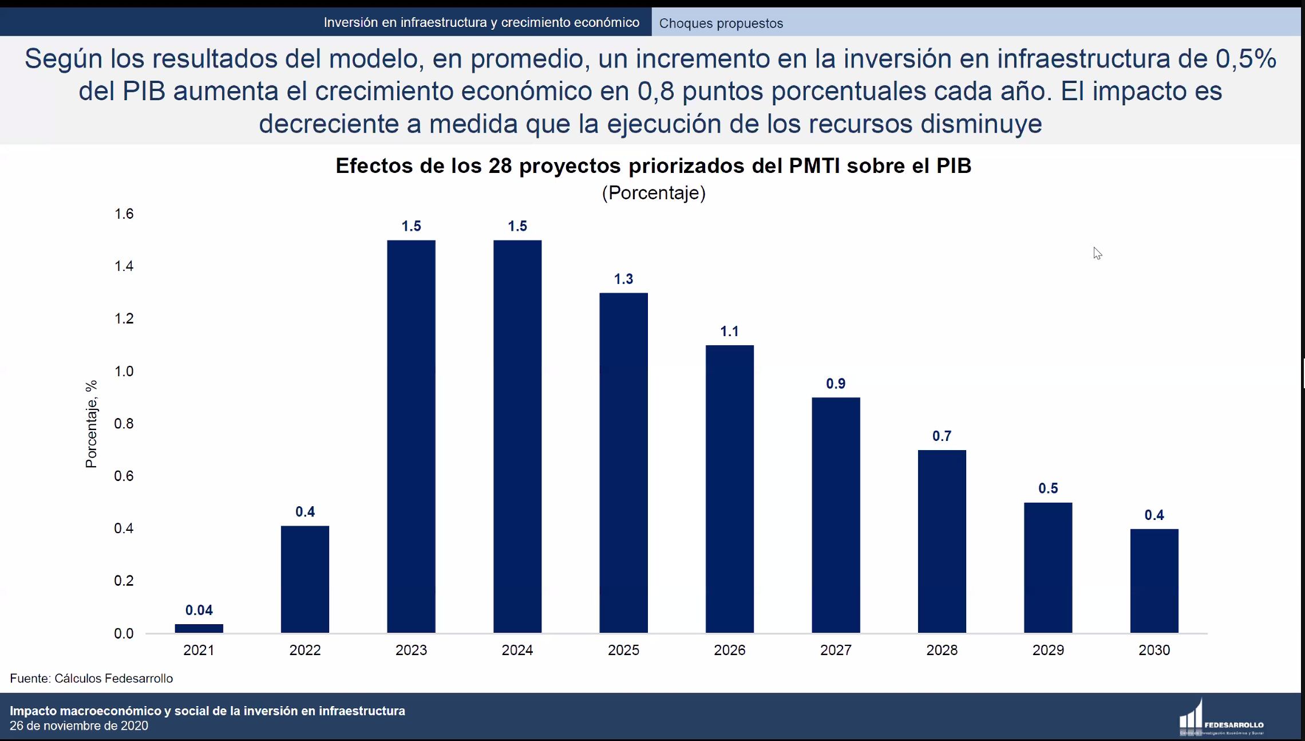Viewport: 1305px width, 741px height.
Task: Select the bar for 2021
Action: pyautogui.click(x=199, y=628)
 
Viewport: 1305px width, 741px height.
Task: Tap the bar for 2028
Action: pyautogui.click(x=942, y=541)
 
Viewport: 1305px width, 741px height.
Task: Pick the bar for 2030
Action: pyautogui.click(x=1154, y=581)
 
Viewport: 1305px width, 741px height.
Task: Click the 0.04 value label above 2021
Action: pyautogui.click(x=199, y=610)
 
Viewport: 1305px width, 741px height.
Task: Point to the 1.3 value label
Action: pyautogui.click(x=623, y=279)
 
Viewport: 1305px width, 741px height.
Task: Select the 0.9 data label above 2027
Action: pyautogui.click(x=836, y=384)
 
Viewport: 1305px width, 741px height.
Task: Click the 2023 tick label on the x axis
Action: pyautogui.click(x=411, y=650)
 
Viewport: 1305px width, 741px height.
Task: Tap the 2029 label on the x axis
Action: pyautogui.click(x=1048, y=650)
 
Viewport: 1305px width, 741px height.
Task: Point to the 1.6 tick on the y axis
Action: pyautogui.click(x=124, y=214)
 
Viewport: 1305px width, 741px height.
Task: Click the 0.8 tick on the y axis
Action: pyautogui.click(x=124, y=424)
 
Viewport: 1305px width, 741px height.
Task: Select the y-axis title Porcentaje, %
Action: pyautogui.click(x=91, y=424)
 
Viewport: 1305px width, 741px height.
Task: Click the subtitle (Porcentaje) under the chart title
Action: pyautogui.click(x=654, y=193)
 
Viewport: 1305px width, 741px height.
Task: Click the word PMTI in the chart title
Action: pyautogui.click(x=814, y=166)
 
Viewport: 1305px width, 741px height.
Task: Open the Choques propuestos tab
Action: pyautogui.click(x=721, y=23)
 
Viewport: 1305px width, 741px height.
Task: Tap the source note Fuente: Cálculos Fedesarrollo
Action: pyautogui.click(x=92, y=679)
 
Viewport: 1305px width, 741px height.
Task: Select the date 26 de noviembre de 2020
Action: pyautogui.click(x=79, y=726)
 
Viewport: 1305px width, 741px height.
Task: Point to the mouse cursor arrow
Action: pyautogui.click(x=1097, y=253)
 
